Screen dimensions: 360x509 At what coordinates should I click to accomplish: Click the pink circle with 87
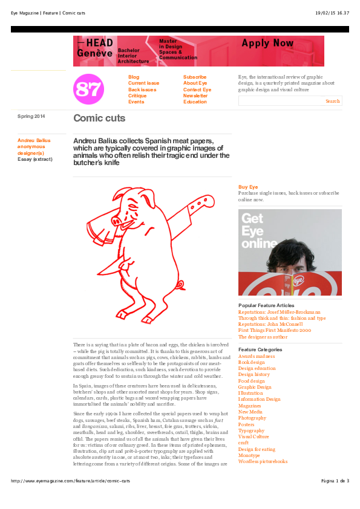point(88,89)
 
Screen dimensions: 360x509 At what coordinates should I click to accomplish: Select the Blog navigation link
point(134,77)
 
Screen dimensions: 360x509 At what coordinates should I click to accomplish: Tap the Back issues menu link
point(142,89)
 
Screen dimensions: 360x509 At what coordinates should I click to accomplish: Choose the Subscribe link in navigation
point(195,77)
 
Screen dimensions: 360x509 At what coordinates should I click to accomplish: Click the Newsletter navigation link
point(195,96)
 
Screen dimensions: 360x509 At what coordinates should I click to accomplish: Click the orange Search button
point(332,101)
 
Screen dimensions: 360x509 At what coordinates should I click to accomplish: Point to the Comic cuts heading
point(99,118)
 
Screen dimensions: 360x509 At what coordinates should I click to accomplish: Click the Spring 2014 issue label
point(31,116)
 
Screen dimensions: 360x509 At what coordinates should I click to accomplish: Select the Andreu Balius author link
point(34,140)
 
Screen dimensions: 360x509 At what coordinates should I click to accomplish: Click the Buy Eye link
point(248,187)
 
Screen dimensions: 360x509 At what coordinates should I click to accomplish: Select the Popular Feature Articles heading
point(266,306)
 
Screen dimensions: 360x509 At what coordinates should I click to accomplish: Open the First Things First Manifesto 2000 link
point(275,331)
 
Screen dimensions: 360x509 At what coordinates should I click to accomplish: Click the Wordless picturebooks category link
point(263,461)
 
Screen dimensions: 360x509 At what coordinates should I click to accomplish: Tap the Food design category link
point(252,381)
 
